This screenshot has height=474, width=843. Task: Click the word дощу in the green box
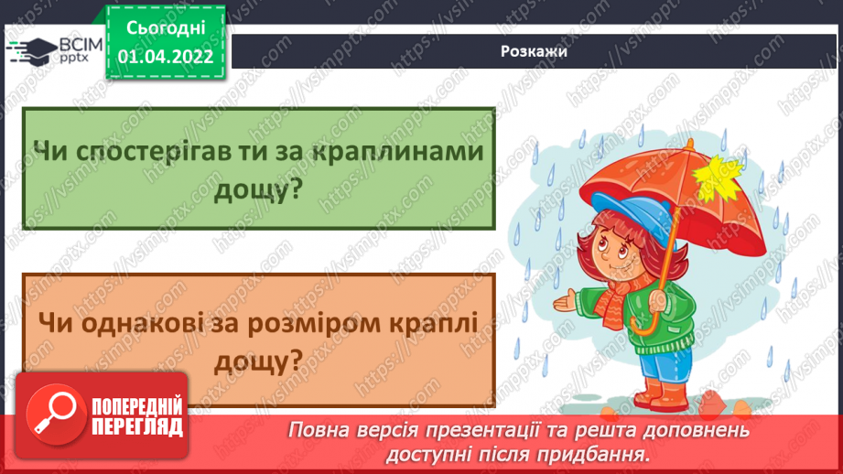(x=258, y=190)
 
